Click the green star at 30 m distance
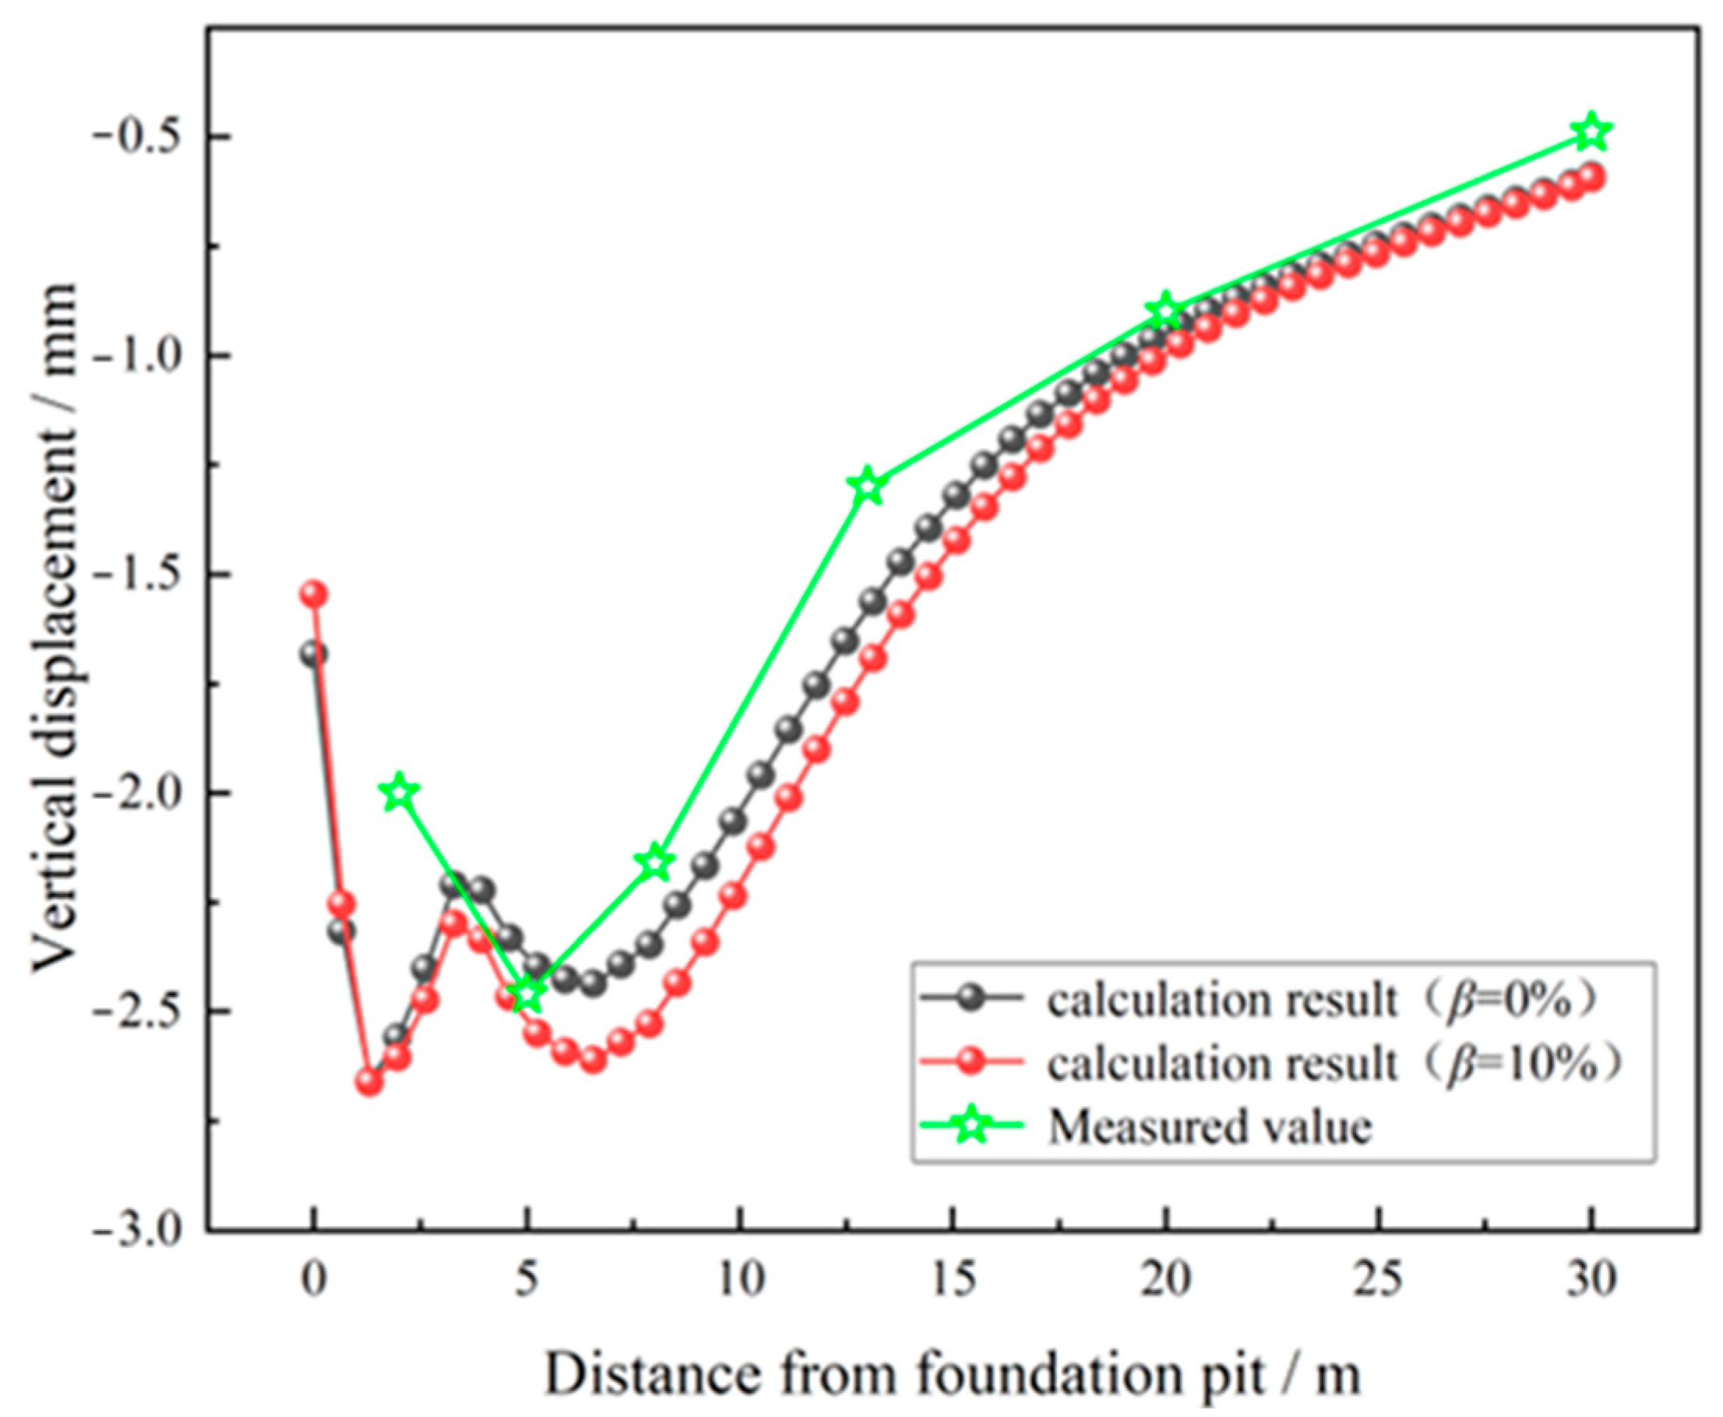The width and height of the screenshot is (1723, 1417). coord(1591,133)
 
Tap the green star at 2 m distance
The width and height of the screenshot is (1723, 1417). coord(399,791)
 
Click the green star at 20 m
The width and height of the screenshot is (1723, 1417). coord(1165,310)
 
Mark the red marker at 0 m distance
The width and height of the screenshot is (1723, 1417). coord(313,593)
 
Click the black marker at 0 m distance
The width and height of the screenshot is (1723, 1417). coord(313,654)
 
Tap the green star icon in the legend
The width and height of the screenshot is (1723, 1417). coord(971,1126)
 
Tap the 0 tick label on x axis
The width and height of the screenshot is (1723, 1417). coord(313,1280)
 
